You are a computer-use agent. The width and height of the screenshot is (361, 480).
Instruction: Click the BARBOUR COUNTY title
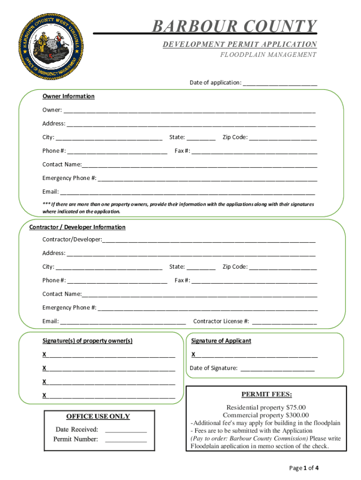[x=234, y=27]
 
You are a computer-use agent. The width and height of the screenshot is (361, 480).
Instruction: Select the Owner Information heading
[x=68, y=96]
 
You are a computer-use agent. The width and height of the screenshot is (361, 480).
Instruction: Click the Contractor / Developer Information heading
[x=77, y=227]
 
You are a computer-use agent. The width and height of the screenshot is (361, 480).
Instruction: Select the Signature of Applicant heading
[x=221, y=341]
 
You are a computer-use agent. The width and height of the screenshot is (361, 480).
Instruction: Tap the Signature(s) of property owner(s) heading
[x=87, y=341]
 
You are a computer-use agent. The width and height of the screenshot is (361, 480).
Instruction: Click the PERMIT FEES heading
[x=266, y=394]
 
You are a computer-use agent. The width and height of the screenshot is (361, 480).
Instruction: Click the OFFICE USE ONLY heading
[x=98, y=416]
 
